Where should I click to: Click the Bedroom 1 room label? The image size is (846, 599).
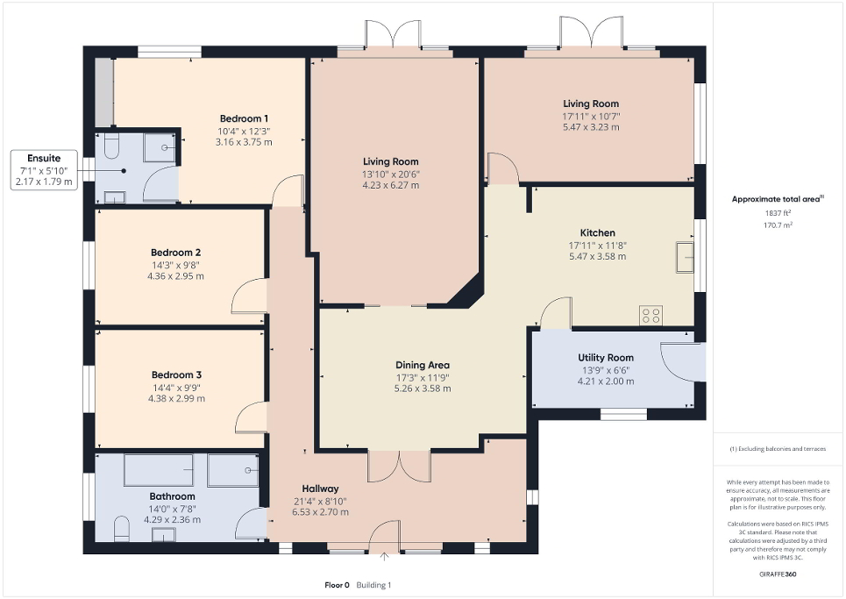pyautogui.click(x=244, y=119)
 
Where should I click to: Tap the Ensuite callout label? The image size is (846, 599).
pyautogui.click(x=43, y=159)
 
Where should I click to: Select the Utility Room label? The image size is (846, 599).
pyautogui.click(x=605, y=358)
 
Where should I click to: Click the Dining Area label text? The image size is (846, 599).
pyautogui.click(x=422, y=365)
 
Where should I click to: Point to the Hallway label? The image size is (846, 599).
pyautogui.click(x=320, y=489)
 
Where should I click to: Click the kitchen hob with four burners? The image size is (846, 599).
pyautogui.click(x=651, y=315)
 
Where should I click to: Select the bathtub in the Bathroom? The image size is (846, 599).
pyautogui.click(x=159, y=470)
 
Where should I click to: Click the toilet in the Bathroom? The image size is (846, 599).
pyautogui.click(x=122, y=527)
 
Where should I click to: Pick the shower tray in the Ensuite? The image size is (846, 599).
pyautogui.click(x=160, y=148)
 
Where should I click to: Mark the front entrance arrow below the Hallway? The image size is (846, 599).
pyautogui.click(x=384, y=556)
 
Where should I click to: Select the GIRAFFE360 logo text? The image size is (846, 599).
pyautogui.click(x=778, y=574)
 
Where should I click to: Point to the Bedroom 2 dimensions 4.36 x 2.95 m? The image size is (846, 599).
pyautogui.click(x=176, y=275)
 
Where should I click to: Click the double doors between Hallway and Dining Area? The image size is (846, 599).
pyautogui.click(x=399, y=466)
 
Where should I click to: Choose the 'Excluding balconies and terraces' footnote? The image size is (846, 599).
pyautogui.click(x=779, y=448)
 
